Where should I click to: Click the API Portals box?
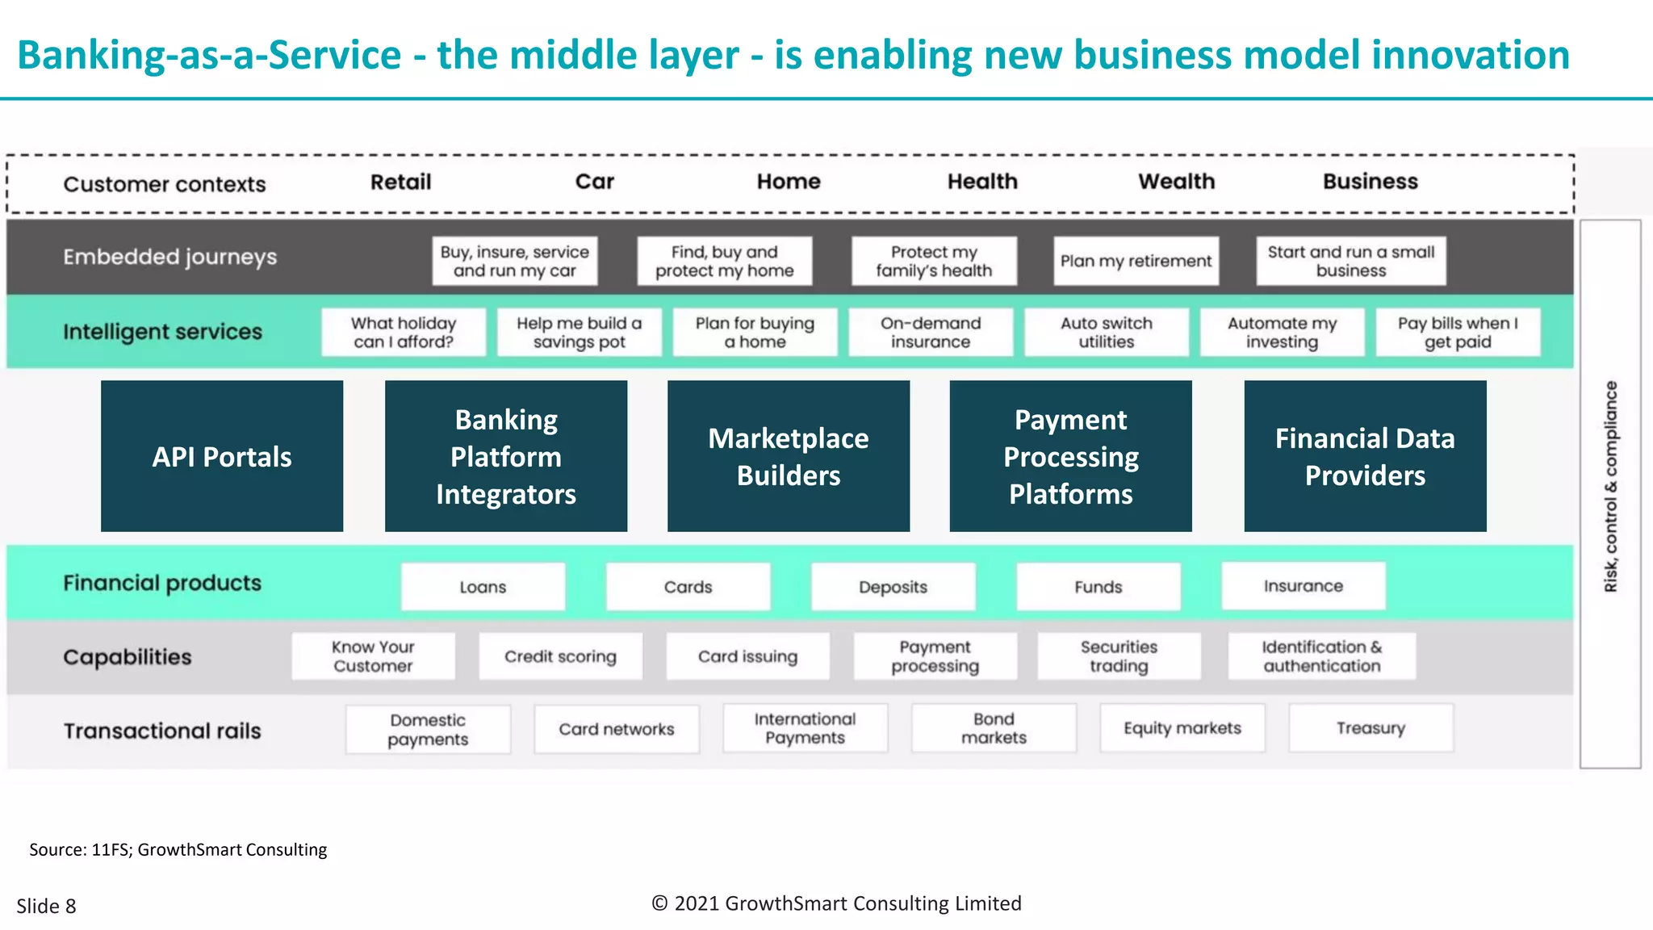point(222,456)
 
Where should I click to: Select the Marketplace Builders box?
point(789,456)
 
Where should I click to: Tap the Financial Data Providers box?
point(1365,456)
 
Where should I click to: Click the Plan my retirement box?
point(1136,261)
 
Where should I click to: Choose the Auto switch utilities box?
point(1107,332)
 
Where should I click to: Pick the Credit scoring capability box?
point(560,656)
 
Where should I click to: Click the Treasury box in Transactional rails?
point(1371,728)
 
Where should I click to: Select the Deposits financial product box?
point(893,587)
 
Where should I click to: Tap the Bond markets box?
point(994,728)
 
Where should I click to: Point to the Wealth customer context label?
point(1176,182)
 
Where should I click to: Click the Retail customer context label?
point(400,182)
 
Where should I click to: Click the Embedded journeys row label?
point(169,257)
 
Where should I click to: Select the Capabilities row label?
point(128,657)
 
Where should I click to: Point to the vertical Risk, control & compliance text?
point(1610,486)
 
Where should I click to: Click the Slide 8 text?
point(46,906)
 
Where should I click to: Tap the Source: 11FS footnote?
point(178,849)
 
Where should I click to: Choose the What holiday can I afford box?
point(404,332)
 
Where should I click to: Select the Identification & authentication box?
point(1321,656)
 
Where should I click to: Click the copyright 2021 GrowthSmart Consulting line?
point(836,903)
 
